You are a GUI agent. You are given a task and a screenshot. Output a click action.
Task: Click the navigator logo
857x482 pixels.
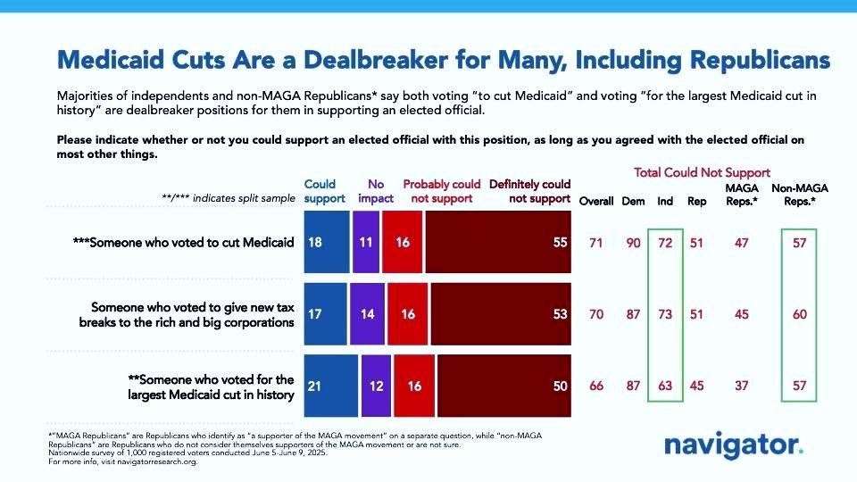pos(734,445)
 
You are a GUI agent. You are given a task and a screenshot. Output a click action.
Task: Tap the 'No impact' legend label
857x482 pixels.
pos(376,191)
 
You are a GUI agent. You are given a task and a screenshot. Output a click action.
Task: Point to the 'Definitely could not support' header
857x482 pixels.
pos(528,191)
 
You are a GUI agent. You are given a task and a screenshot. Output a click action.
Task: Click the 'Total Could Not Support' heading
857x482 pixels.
pos(702,172)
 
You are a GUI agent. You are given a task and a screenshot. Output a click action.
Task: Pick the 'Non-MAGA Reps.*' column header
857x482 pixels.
pos(794,194)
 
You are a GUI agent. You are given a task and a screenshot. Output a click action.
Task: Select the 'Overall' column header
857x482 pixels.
pos(596,201)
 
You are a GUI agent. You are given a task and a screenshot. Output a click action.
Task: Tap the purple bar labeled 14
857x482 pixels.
pos(367,313)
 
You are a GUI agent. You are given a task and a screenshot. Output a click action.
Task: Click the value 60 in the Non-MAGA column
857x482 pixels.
pos(798,313)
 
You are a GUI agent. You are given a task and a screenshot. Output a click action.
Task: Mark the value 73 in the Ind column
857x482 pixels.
pos(665,313)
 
